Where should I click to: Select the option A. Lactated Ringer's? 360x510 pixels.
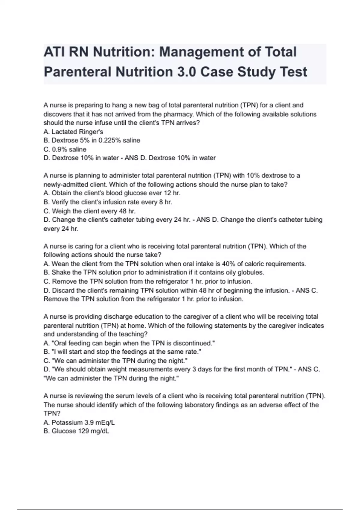point(73,132)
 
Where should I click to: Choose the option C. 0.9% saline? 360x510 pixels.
point(65,149)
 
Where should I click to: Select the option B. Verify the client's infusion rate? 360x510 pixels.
point(108,202)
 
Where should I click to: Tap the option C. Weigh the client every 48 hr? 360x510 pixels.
point(89,211)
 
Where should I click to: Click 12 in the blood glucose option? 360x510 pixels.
point(168,193)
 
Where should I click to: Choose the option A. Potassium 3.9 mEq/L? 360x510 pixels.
point(79,423)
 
